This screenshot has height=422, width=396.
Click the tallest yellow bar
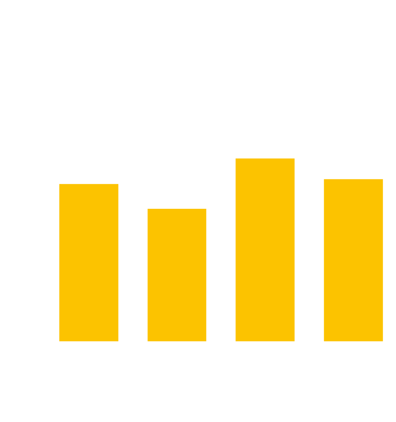click(265, 249)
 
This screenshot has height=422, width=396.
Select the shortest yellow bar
click(176, 275)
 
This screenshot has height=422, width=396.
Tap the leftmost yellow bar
click(88, 262)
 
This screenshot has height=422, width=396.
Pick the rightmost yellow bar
click(353, 260)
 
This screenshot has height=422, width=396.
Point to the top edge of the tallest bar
click(265, 158)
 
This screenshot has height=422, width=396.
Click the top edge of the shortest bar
click(176, 209)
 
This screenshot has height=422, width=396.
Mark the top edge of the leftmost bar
click(88, 184)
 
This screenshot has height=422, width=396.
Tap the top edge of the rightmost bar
click(353, 179)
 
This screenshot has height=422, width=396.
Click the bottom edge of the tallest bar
click(265, 341)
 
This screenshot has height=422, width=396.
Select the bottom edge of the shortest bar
click(176, 341)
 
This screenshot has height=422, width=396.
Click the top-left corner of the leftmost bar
click(59, 184)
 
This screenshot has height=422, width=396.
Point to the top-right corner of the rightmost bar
click(383, 179)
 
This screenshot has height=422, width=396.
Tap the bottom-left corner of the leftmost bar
click(59, 341)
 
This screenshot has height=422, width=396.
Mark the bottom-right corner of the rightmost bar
click(383, 341)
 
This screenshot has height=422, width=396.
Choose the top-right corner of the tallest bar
click(294, 158)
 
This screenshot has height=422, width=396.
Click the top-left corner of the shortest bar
click(147, 209)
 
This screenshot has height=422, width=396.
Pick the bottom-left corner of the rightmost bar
click(324, 341)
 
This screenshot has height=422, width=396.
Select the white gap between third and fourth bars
click(309, 264)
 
